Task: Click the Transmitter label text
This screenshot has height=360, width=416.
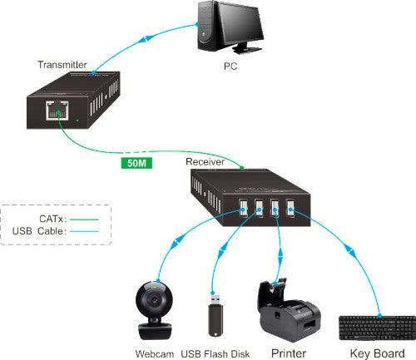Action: (65, 65)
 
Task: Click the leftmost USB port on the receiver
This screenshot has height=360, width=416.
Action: (242, 206)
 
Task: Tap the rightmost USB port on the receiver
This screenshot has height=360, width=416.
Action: (292, 205)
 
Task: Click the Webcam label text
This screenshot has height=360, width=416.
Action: (154, 353)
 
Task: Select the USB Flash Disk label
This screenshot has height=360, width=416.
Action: (215, 353)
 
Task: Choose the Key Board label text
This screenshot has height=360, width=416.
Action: (375, 353)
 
